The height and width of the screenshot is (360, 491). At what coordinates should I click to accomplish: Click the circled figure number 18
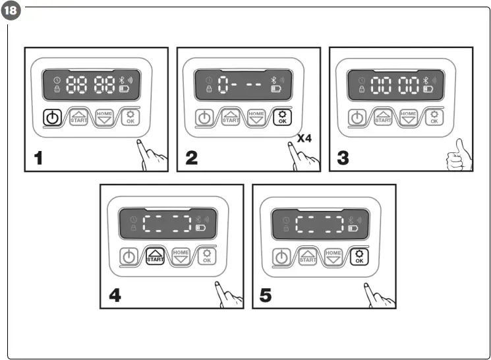(11, 11)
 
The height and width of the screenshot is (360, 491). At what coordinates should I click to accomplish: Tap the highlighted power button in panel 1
(54, 119)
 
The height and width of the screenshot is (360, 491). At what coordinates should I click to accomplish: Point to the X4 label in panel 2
(304, 138)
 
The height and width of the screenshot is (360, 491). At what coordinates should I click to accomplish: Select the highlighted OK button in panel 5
(359, 256)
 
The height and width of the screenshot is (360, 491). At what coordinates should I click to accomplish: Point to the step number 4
(116, 295)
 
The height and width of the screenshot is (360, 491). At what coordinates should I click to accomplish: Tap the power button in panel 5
(282, 257)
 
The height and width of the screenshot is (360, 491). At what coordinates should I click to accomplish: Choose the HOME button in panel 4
(181, 256)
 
